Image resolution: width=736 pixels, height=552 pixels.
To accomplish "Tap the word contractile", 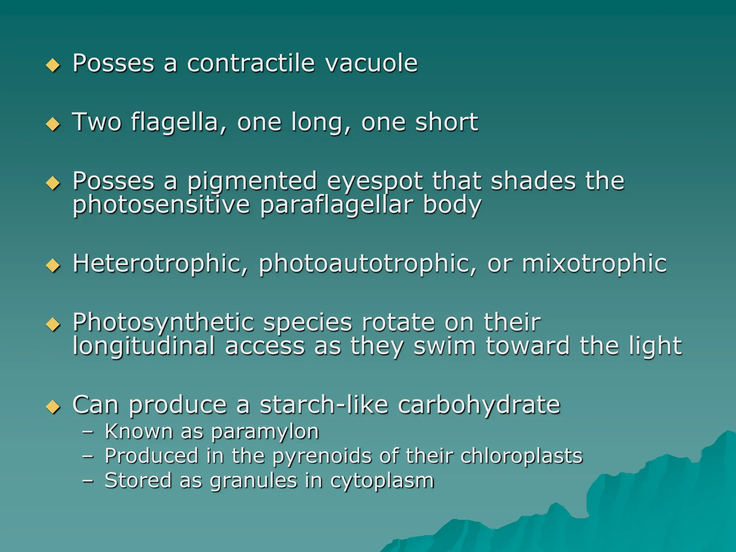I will [x=251, y=63].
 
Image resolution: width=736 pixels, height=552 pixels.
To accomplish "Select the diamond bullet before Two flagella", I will [x=53, y=124].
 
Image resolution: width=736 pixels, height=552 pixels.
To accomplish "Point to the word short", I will [x=446, y=122].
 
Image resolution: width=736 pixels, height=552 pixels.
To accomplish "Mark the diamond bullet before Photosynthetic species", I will [x=53, y=325].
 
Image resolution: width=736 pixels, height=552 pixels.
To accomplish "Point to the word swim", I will [x=445, y=346].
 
